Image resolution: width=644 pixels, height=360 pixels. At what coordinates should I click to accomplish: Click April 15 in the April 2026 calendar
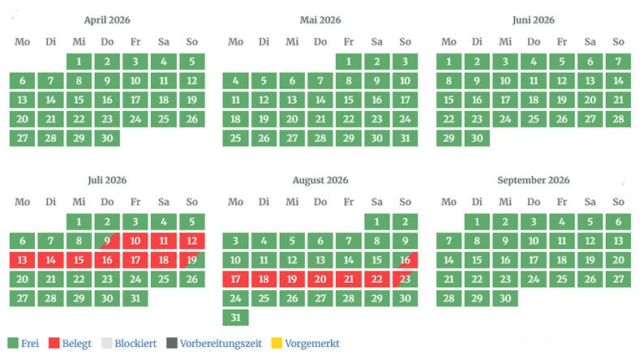click(79, 100)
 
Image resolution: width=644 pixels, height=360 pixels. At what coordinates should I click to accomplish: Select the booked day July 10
click(135, 241)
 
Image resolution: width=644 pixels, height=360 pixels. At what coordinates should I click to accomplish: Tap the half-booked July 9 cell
click(107, 241)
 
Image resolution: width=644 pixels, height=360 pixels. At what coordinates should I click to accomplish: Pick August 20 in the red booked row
click(320, 279)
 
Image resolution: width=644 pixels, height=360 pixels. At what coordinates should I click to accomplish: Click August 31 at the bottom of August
click(235, 317)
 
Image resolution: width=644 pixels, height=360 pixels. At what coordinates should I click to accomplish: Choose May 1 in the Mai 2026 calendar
click(348, 62)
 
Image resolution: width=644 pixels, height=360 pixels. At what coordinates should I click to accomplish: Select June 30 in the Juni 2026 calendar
click(477, 138)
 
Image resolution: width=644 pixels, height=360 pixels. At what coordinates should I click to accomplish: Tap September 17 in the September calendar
click(534, 260)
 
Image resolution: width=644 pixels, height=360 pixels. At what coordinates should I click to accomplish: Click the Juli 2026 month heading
click(107, 180)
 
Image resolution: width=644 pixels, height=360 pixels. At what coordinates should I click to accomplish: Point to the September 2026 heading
click(534, 180)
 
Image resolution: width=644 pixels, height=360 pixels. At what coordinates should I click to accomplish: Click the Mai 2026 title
click(320, 19)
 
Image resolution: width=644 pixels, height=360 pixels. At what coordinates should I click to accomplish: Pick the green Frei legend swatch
click(13, 343)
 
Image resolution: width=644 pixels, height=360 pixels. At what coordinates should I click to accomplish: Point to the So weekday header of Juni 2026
click(618, 41)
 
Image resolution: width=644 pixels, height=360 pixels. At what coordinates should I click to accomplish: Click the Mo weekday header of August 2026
click(235, 202)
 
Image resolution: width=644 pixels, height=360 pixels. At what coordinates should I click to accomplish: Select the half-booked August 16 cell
click(405, 260)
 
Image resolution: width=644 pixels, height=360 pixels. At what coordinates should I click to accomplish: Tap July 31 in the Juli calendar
click(135, 298)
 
